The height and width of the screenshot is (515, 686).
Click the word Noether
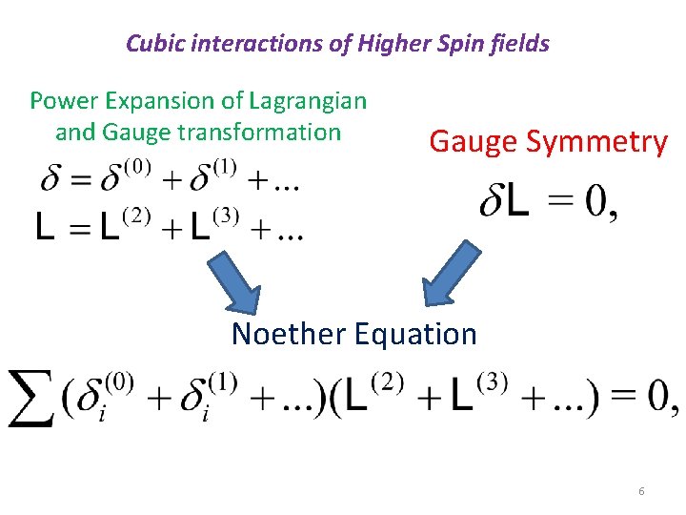pos(289,334)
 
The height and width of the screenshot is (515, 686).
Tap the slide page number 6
pos(641,491)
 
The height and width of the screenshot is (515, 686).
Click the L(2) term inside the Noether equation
pos(373,396)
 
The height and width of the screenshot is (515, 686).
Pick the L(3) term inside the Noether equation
pos(477,396)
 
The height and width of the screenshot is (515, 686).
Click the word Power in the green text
pos(62,100)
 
